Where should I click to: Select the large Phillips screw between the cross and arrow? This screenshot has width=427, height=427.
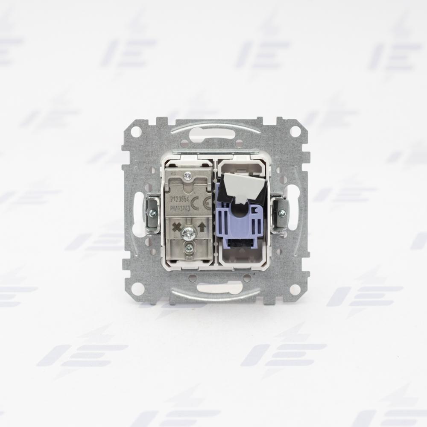[189, 233]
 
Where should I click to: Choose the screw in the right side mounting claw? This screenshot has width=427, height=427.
[281, 213]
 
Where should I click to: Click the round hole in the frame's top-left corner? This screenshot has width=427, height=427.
[135, 131]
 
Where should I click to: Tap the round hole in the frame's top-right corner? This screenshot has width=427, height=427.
[294, 131]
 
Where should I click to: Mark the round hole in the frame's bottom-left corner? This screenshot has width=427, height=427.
[137, 289]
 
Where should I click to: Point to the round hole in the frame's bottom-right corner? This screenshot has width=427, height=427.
[293, 289]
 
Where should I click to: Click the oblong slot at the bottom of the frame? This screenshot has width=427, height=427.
[216, 290]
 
